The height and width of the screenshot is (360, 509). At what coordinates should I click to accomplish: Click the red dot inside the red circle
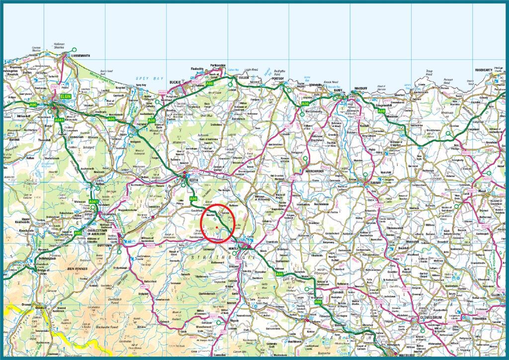pyautogui.click(x=217, y=227)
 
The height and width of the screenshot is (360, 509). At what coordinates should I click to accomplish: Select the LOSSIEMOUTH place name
pyautogui.click(x=74, y=57)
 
